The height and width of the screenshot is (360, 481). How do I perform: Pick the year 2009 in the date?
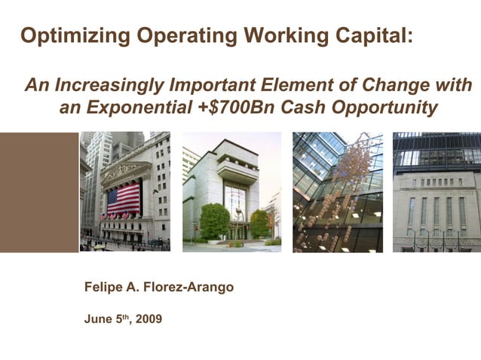(149, 319)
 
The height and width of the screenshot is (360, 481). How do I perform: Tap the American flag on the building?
(123, 200)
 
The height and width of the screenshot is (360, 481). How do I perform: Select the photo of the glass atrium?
(337, 192)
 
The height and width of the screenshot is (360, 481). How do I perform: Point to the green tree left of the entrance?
(215, 221)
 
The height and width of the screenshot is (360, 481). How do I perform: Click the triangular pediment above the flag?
(124, 169)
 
